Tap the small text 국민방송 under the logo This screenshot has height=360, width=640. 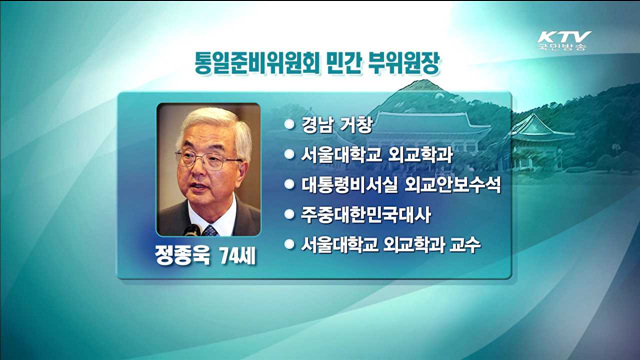(563, 48)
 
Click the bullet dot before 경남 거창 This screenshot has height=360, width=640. (290, 125)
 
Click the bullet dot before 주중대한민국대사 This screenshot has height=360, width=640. (290, 214)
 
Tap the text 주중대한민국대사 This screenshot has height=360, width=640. (368, 214)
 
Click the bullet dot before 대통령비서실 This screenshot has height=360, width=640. (290, 185)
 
